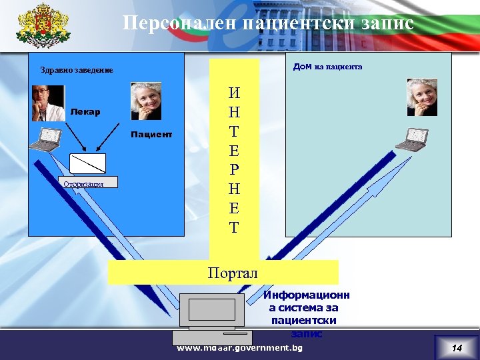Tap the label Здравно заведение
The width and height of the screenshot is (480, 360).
[77, 70]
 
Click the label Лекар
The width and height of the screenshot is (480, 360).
[85, 112]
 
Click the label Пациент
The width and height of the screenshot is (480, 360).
[151, 135]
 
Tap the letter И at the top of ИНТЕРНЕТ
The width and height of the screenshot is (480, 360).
[233, 93]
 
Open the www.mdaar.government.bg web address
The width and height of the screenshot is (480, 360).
[239, 348]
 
